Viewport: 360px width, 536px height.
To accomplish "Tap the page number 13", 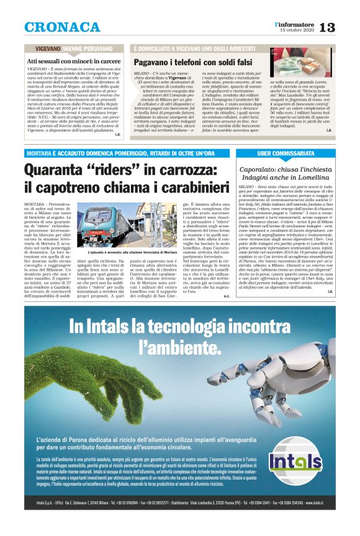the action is coord(344,27).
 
